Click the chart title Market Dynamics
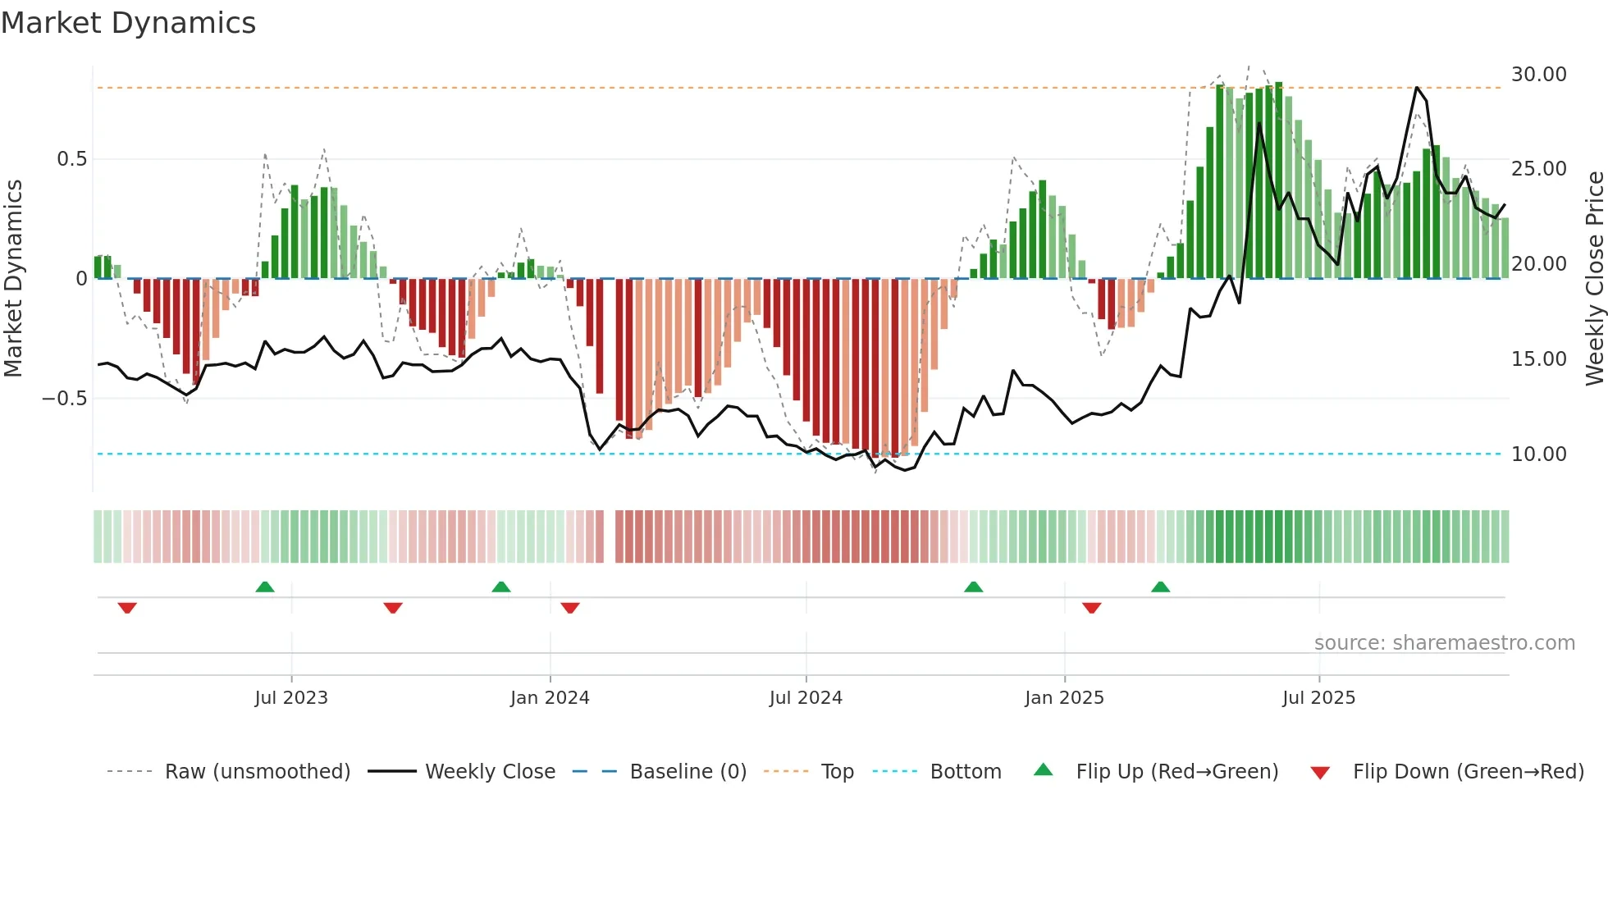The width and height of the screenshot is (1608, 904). click(128, 23)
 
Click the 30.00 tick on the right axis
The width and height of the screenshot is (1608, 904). click(1538, 75)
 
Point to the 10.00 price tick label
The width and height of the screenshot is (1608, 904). click(1538, 454)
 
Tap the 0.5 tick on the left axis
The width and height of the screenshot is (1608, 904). click(71, 159)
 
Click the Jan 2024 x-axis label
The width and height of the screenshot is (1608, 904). click(549, 698)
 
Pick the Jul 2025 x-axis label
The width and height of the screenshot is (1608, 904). click(1318, 698)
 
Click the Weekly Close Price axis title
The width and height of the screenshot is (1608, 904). click(1594, 279)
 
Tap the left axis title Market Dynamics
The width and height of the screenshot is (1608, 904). click(14, 279)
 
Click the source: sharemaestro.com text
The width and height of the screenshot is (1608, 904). click(1444, 643)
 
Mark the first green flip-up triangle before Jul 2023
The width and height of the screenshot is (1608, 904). click(264, 587)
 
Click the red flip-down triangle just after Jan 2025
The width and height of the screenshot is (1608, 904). click(1091, 608)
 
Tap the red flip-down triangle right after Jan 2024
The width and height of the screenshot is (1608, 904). click(570, 608)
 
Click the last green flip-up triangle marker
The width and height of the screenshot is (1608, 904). click(1160, 587)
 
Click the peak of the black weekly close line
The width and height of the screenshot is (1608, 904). click(1417, 87)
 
